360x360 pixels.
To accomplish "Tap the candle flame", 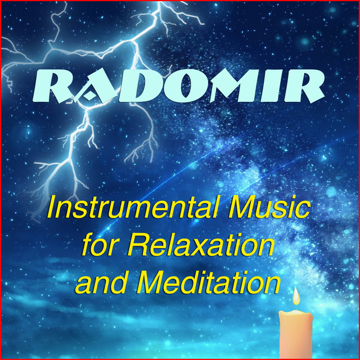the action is tap(296, 296).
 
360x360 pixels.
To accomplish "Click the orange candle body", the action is tap(296, 334).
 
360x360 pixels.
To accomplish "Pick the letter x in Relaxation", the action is tap(210, 247).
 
